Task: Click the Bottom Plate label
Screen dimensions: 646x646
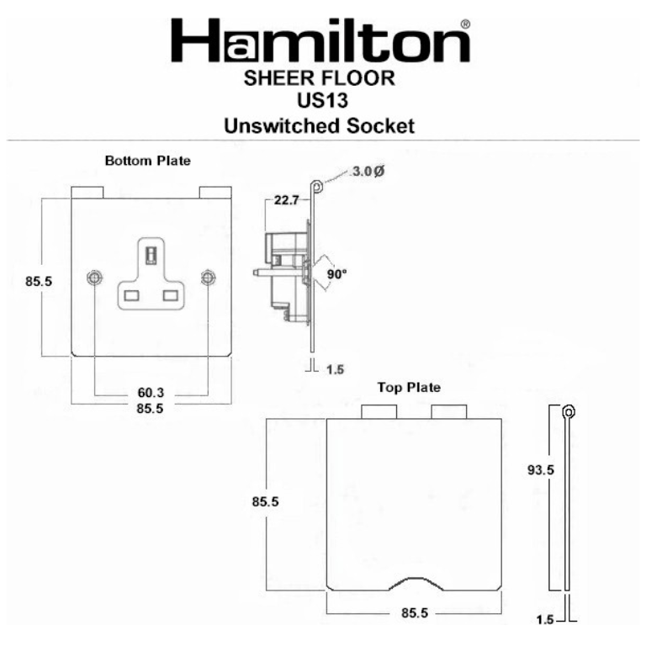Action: tap(147, 160)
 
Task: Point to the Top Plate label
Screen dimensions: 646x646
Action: tap(408, 388)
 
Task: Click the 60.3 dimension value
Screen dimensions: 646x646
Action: tap(151, 393)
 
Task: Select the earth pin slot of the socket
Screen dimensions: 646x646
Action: tap(151, 252)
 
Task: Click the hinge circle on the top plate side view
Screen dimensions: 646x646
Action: tap(569, 411)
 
